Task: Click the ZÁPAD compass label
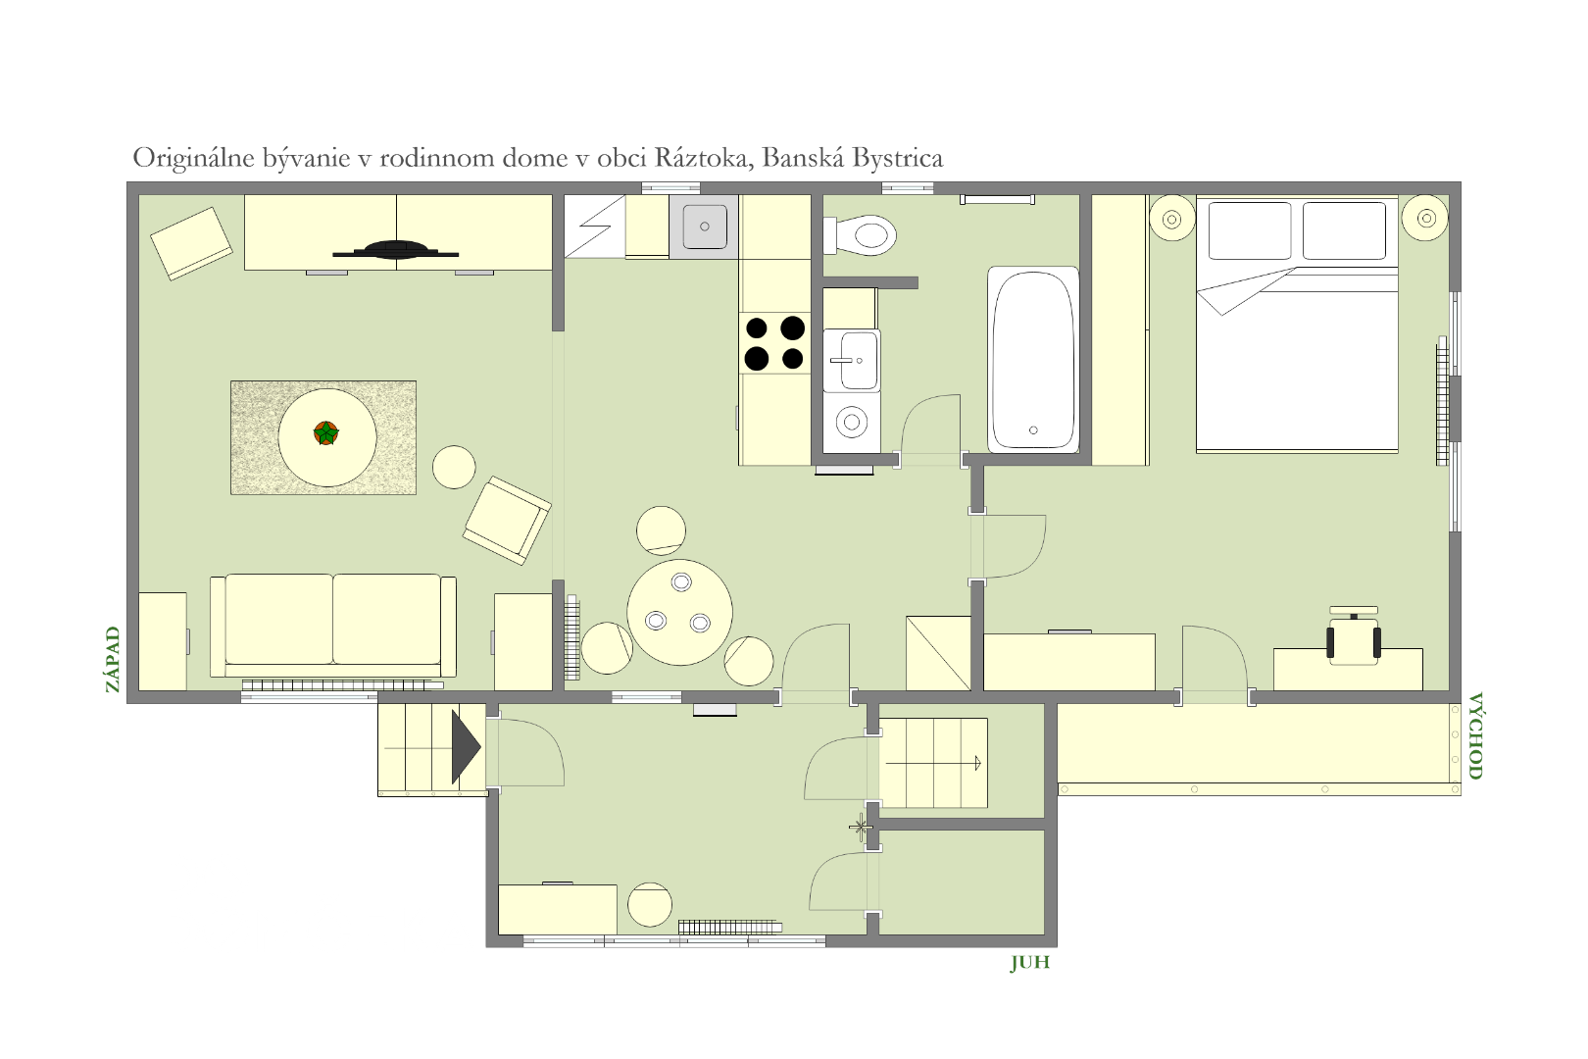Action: (x=112, y=659)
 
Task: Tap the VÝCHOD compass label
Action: (x=1475, y=735)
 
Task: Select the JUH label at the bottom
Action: (x=1029, y=963)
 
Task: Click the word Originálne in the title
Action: (x=193, y=158)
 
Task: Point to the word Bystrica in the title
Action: (x=898, y=158)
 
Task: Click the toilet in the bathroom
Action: (x=860, y=234)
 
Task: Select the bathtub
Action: (x=1033, y=359)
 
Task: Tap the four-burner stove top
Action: (x=774, y=343)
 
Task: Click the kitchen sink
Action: (x=704, y=227)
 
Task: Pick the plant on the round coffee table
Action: (x=326, y=432)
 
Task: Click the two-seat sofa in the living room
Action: (x=333, y=625)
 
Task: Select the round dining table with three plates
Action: (x=680, y=612)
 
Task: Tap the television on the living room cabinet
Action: (x=396, y=250)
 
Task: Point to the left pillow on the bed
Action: (x=1250, y=230)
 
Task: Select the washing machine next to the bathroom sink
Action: (x=852, y=423)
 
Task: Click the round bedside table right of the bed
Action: (x=1426, y=218)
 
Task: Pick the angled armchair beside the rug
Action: (x=507, y=521)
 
